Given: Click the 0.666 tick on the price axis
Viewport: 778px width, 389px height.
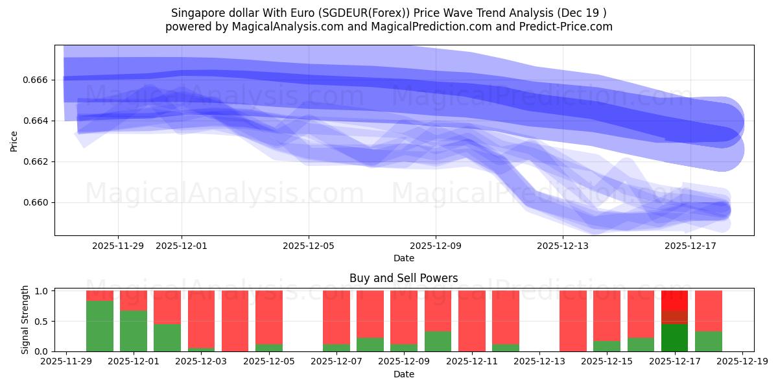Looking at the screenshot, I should point(37,80).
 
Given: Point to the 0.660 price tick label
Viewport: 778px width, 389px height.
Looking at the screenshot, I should point(37,202).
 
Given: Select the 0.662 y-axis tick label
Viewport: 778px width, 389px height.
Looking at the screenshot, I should point(37,161).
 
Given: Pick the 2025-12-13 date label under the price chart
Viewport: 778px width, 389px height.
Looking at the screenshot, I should point(562,246).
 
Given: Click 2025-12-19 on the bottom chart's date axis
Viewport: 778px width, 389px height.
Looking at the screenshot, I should point(742,362).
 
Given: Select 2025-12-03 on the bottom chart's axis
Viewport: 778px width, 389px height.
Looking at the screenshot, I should point(201,362).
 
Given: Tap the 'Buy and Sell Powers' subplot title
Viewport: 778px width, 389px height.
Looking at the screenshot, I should point(403,278).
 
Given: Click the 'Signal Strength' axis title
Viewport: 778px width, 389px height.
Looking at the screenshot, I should point(25,320).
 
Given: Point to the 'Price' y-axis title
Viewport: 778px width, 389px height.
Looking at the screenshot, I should point(14,140).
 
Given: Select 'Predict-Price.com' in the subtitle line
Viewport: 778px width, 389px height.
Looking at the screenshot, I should point(569,27).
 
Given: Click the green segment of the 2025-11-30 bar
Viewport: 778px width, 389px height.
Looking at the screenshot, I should point(100,326).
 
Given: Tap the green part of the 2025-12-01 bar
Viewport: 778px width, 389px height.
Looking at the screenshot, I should point(134,331).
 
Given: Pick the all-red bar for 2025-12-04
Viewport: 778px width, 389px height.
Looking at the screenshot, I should point(235,321).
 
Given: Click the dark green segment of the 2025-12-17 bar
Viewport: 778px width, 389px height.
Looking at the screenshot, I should point(674,337).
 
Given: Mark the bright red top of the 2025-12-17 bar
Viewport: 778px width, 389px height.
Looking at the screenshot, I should point(674,300).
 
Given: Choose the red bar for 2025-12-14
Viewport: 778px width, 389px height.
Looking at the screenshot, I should point(573,321).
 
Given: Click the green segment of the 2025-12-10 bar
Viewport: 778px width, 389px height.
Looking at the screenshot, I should point(438,341).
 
